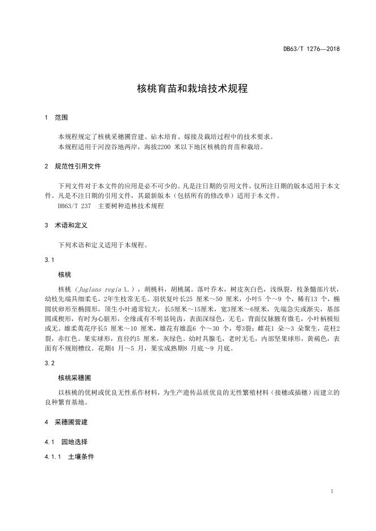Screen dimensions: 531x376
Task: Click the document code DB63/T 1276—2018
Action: (x=311, y=49)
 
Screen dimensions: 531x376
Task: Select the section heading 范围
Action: (x=61, y=118)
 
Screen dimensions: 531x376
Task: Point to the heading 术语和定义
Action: (x=71, y=225)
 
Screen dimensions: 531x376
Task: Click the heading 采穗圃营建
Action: (x=71, y=423)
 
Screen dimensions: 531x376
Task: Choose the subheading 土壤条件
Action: (x=81, y=456)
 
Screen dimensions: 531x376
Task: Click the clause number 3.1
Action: (x=49, y=260)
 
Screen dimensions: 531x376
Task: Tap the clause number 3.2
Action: (x=49, y=362)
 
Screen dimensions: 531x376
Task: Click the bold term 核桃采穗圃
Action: (x=72, y=377)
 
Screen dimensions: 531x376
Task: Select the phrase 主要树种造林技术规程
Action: (x=131, y=206)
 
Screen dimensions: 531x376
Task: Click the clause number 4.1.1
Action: (x=53, y=456)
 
